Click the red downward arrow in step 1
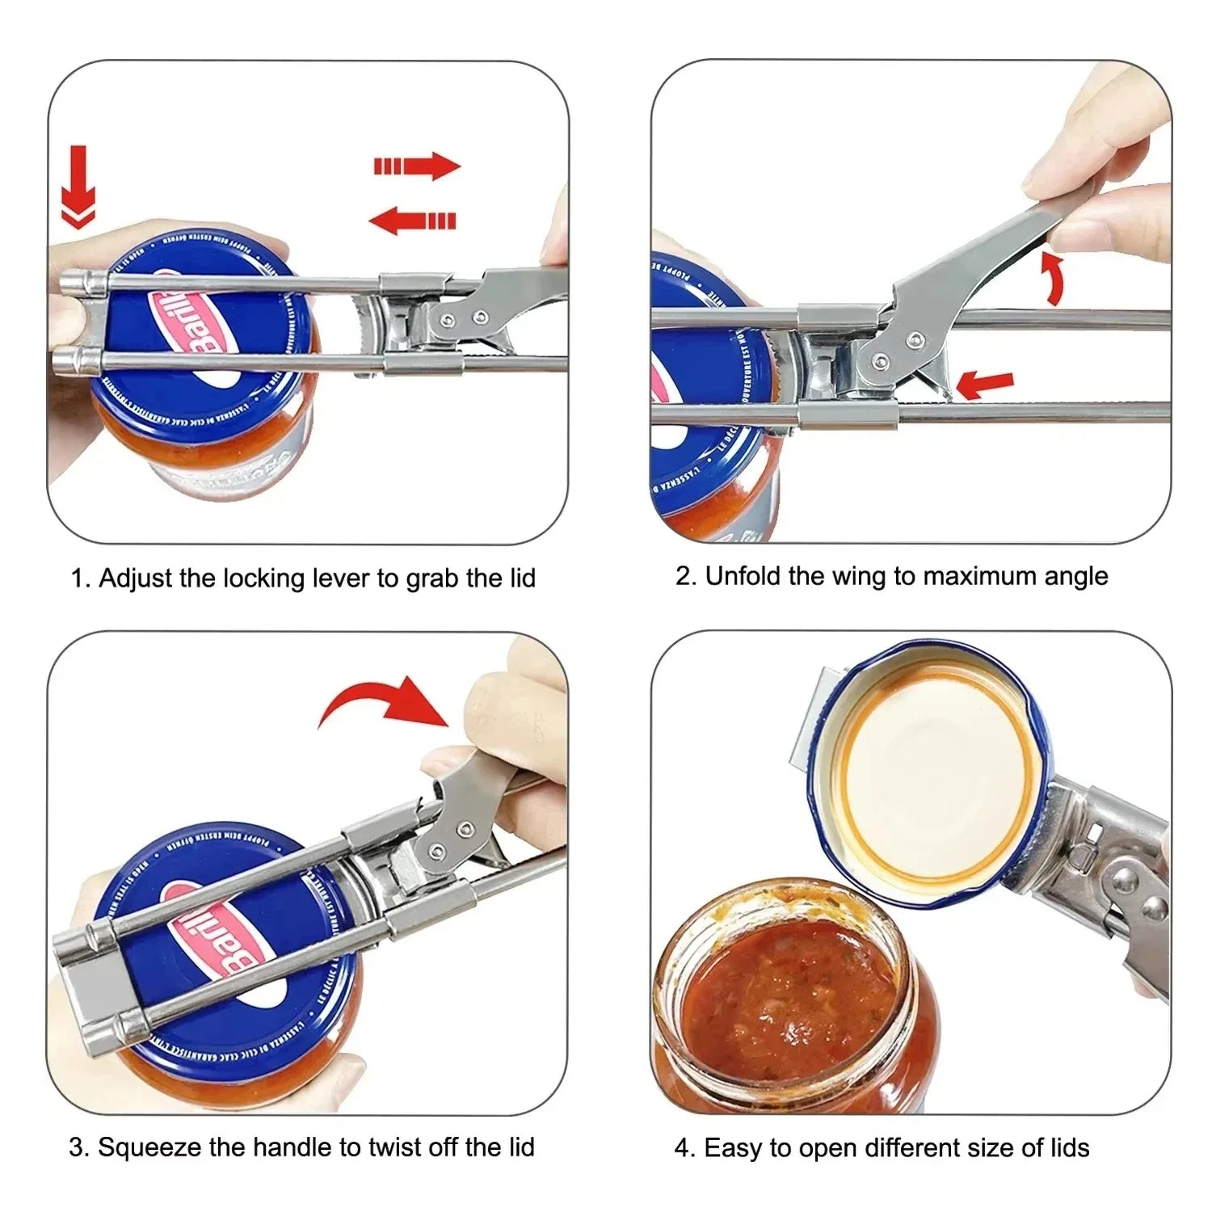[x=78, y=187]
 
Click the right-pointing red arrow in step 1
[x=417, y=166]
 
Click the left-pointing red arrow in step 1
[x=412, y=220]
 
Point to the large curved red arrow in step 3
[x=386, y=701]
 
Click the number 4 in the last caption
[x=682, y=1147]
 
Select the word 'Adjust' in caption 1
[x=134, y=579]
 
